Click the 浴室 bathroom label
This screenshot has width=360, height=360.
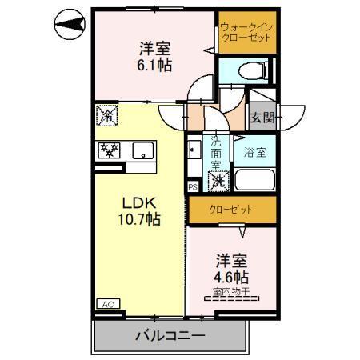click(x=254, y=150)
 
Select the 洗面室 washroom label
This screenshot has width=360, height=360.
click(x=215, y=153)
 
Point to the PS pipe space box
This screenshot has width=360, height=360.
click(x=192, y=187)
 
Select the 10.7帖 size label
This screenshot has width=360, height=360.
click(x=141, y=218)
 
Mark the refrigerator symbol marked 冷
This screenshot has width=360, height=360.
click(x=106, y=115)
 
